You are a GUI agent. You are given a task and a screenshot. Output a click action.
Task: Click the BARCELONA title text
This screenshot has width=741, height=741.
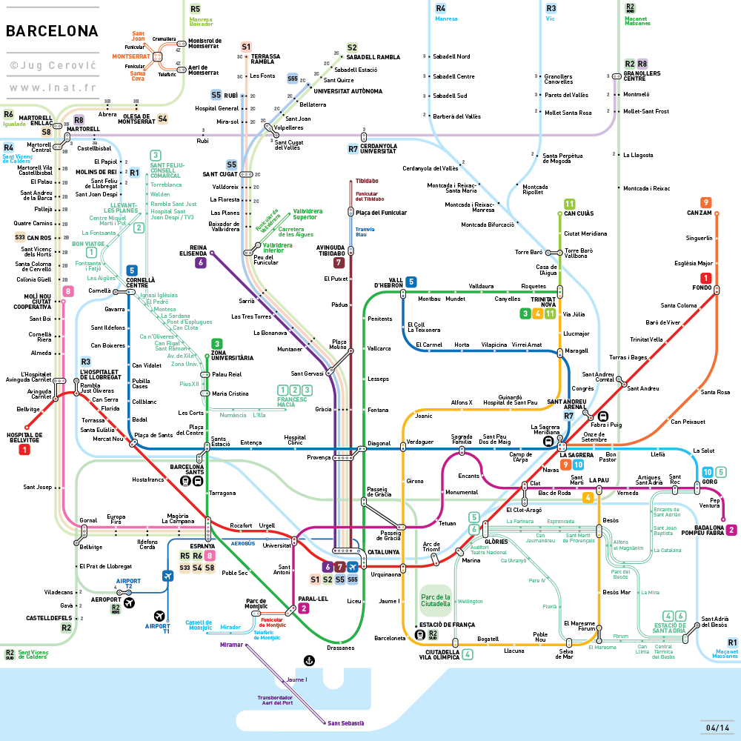coord(52,31)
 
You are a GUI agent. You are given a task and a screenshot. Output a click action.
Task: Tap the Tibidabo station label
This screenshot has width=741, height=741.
coord(367,181)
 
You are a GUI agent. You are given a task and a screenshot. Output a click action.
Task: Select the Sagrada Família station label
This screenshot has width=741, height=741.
coord(462,440)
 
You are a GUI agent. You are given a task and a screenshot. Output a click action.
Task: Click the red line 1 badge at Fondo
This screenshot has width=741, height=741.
coord(706,279)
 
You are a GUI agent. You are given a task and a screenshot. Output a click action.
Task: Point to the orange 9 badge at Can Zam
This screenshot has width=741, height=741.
coord(706,202)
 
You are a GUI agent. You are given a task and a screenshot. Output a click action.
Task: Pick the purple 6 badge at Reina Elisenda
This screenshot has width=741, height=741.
coord(200,262)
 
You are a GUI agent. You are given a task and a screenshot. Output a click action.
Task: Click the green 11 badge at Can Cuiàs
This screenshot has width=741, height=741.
coord(569,204)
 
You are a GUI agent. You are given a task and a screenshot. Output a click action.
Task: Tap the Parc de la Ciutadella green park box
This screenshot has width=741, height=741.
coord(436,600)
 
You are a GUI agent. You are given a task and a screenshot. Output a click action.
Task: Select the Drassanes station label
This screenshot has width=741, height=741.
coord(340,648)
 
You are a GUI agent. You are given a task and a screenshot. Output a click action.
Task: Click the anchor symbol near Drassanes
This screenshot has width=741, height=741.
coord(309,660)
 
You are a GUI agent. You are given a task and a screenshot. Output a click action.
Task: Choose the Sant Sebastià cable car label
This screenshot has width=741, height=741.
coord(346,723)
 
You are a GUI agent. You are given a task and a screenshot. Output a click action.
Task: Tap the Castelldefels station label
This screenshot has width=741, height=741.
coord(49,618)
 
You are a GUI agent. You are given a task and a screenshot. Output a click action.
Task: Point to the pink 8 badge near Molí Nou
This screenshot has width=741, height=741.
coord(68,291)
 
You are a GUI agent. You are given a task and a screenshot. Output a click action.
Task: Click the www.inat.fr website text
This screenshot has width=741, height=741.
coord(52,87)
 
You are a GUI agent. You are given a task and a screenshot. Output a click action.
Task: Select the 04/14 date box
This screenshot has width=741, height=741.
coord(718,727)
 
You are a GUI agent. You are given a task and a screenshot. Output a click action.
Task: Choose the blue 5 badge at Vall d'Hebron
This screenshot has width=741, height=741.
coord(411,281)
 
